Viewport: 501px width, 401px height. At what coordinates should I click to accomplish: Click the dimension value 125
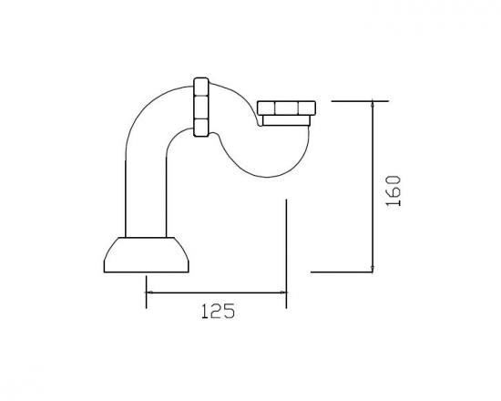[x=217, y=312]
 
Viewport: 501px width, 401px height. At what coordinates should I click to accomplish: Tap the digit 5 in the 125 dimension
[x=229, y=312]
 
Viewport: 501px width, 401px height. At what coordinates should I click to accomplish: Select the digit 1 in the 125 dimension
[x=203, y=312]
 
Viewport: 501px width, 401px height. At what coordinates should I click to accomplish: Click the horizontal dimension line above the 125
[x=216, y=293]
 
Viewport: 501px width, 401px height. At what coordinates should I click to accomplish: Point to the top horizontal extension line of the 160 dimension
[x=355, y=101]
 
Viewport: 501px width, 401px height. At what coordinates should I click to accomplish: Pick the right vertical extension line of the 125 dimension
[x=287, y=246]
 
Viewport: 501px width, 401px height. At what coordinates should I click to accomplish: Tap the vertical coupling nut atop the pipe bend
[x=202, y=105]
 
